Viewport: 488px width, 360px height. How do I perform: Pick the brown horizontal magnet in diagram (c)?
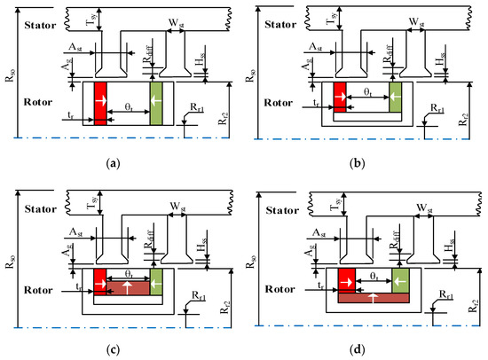[x=127, y=288]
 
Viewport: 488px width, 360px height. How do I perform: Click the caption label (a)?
[x=113, y=165]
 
